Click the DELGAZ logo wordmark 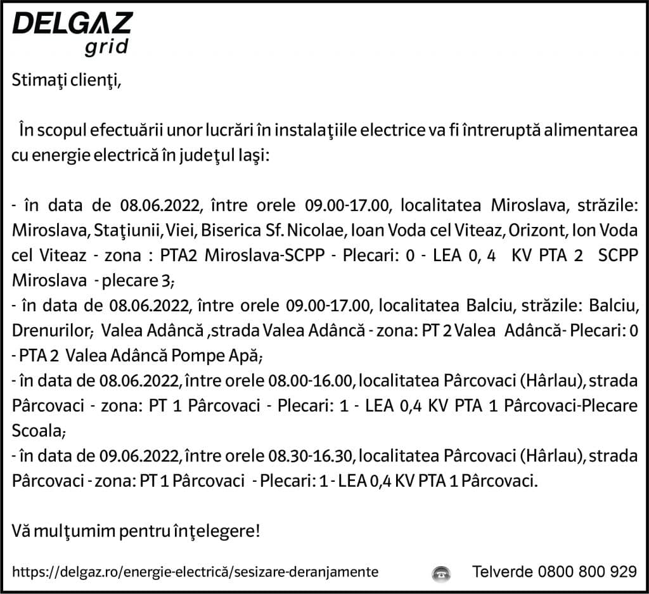click(72, 24)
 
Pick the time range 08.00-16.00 click(309, 380)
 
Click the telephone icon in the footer click(441, 572)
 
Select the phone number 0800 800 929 click(586, 571)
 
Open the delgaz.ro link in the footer click(195, 572)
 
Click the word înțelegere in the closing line click(217, 530)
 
